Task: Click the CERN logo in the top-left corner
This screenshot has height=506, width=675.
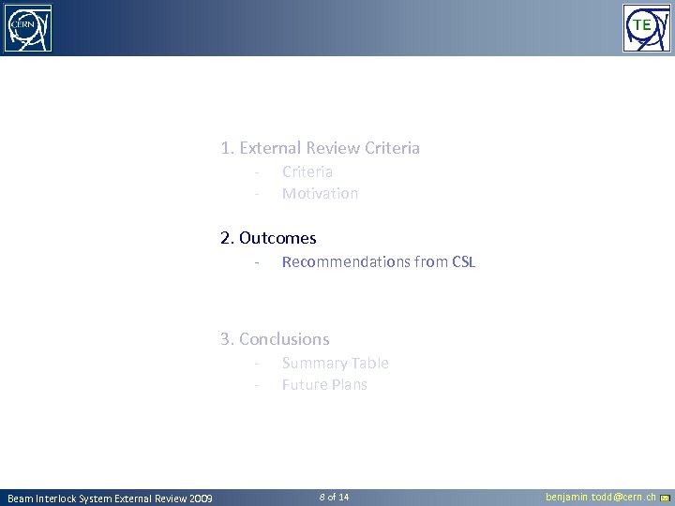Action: (28, 28)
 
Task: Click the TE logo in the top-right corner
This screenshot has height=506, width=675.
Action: (647, 28)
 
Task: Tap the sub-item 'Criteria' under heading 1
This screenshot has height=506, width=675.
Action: (307, 171)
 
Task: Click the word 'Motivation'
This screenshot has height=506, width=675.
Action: (320, 193)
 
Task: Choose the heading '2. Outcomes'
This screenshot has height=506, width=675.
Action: (268, 238)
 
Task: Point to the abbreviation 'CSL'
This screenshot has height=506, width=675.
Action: (464, 261)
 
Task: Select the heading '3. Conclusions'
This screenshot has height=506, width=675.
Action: (275, 339)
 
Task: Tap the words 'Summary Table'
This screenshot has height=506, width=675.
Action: (335, 363)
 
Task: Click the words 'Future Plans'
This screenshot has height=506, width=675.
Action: (324, 384)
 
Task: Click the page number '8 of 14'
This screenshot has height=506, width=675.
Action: (334, 497)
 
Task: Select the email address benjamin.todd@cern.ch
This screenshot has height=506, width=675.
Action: (601, 497)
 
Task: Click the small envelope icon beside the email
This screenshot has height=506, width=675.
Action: (665, 498)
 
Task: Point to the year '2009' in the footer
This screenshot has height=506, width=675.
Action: (200, 498)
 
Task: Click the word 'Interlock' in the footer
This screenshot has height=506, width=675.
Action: (59, 498)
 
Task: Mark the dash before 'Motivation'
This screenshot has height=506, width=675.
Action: (255, 194)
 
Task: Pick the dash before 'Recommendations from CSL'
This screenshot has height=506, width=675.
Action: (255, 262)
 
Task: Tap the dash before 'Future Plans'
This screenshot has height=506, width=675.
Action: (255, 385)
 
